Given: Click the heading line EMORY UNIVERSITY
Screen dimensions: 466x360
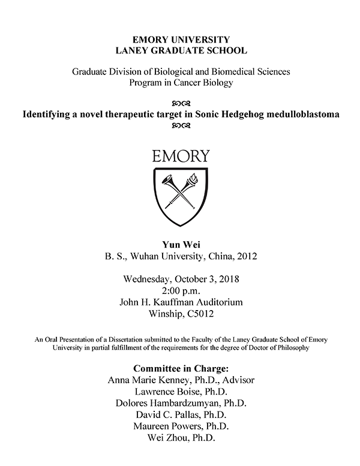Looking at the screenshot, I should (181, 40).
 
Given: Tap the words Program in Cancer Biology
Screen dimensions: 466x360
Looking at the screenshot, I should (181, 83).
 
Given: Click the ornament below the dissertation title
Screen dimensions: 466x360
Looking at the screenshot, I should (181, 126).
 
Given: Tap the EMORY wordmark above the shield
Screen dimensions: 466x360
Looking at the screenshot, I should (181, 157).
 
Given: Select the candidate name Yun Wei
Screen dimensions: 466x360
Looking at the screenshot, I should (181, 244).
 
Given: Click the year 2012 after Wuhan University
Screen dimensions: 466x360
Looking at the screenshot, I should (247, 257).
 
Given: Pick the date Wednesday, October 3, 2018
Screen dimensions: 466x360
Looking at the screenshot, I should (181, 279).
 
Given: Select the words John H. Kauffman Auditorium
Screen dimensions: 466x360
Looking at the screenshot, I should (181, 302).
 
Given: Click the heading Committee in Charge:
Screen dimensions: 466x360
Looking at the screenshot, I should (181, 368).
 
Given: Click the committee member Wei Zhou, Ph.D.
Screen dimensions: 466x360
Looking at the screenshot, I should (181, 437).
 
